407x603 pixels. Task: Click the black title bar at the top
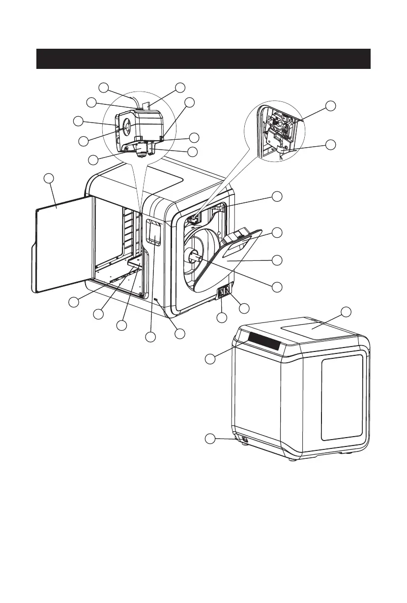203,59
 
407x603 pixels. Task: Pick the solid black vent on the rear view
264,340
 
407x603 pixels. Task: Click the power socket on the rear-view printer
245,438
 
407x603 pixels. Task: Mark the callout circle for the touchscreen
150,337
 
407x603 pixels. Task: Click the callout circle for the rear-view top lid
346,312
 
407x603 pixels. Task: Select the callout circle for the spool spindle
278,286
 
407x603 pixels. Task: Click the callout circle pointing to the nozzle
94,160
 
